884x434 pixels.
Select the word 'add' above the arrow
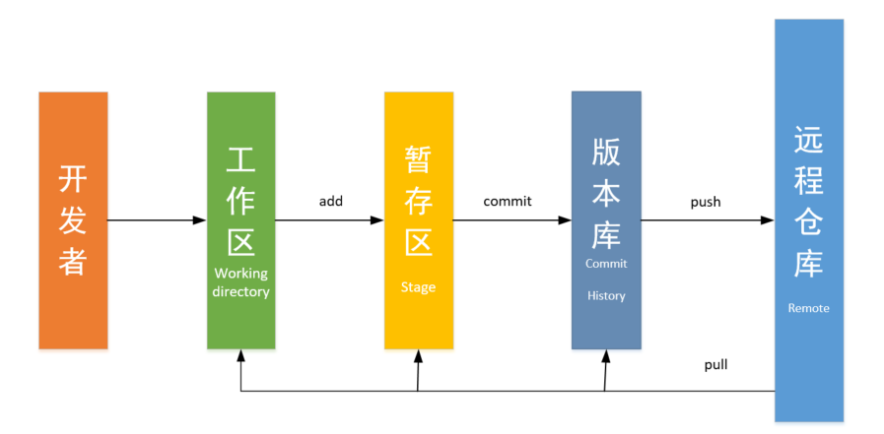click(331, 201)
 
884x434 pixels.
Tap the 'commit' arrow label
click(508, 201)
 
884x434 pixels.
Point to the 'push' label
click(706, 202)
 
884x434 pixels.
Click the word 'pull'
click(715, 364)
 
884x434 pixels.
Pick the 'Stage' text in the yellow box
click(418, 287)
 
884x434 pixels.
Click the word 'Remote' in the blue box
click(808, 308)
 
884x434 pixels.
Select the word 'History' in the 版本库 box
click(606, 295)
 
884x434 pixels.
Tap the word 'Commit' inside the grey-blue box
click(606, 264)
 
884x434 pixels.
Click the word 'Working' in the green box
click(240, 274)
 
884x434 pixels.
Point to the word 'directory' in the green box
click(240, 292)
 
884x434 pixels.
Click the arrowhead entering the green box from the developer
click(200, 220)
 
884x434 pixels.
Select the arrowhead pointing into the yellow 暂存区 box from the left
click(377, 220)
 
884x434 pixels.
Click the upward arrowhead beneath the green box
click(240, 356)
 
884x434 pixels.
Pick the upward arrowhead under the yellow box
click(420, 356)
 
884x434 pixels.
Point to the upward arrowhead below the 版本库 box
click(607, 356)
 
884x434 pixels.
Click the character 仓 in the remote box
click(808, 222)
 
